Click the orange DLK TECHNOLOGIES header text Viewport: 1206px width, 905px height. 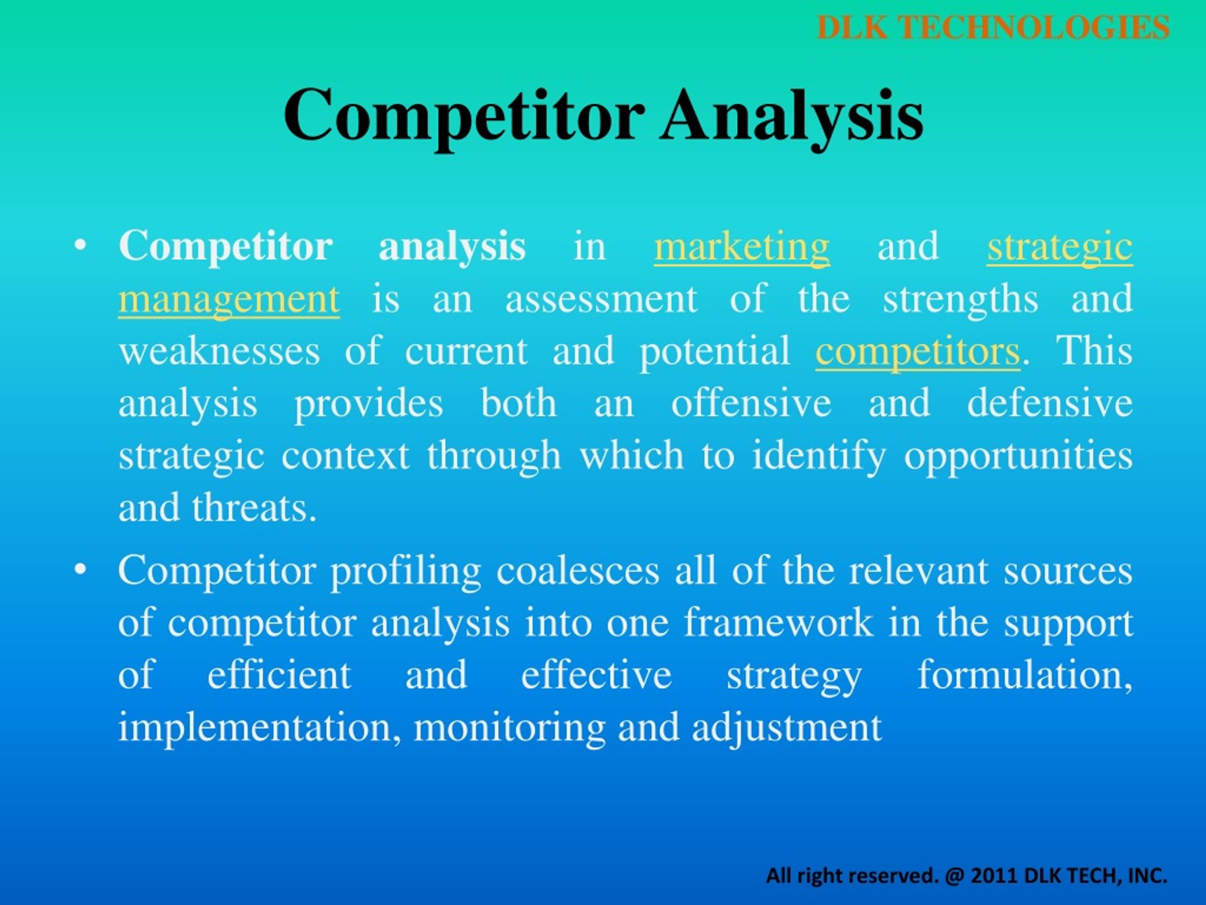[994, 27]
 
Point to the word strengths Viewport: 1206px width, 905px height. [960, 299]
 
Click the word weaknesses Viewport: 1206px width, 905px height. [219, 351]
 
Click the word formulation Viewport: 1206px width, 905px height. [1026, 675]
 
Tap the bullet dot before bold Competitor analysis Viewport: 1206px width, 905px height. [80, 247]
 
